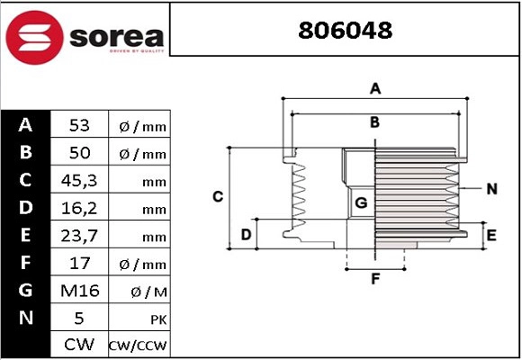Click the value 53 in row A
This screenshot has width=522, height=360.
tap(79, 125)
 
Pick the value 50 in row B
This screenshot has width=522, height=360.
tap(79, 153)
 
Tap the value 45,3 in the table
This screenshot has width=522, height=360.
tap(79, 181)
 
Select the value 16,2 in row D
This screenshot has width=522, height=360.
tap(79, 209)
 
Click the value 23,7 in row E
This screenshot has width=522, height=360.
tap(79, 236)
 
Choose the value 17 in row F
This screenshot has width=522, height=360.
tap(79, 264)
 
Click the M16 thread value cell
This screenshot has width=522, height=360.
tap(79, 291)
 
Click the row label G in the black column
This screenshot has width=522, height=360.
tap(25, 291)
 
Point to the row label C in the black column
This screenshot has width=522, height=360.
tap(25, 181)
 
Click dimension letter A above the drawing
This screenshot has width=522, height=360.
tap(375, 88)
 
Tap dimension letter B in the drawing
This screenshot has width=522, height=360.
tap(375, 122)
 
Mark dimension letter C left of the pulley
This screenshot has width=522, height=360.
tap(217, 195)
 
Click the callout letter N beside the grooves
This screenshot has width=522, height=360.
tap(491, 189)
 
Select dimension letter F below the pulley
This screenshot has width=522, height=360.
tap(375, 278)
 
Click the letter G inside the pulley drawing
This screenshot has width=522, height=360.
tap(361, 203)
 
